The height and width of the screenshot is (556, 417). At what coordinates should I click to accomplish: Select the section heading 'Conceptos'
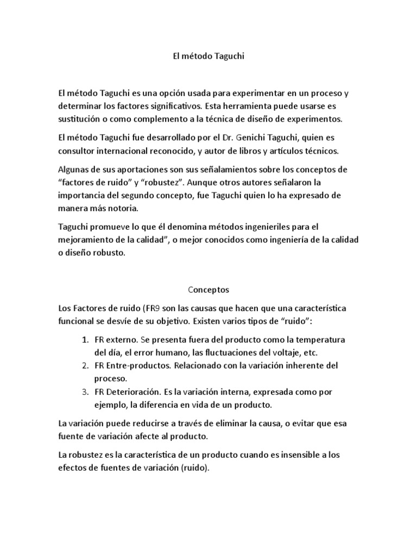(x=208, y=289)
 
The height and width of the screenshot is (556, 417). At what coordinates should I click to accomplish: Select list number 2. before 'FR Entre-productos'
(x=85, y=365)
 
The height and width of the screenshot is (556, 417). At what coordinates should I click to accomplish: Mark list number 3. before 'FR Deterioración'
(x=85, y=392)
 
